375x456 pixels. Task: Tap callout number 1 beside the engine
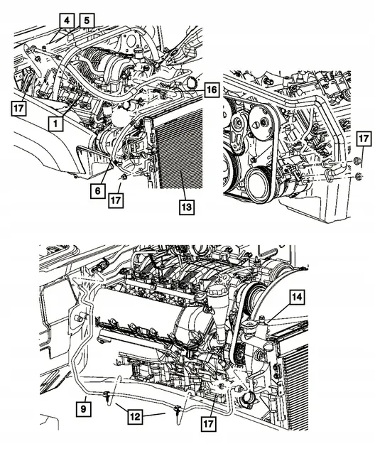pyautogui.click(x=54, y=122)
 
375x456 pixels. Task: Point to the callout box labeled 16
pyautogui.click(x=211, y=90)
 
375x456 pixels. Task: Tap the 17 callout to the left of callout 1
pyautogui.click(x=19, y=108)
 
